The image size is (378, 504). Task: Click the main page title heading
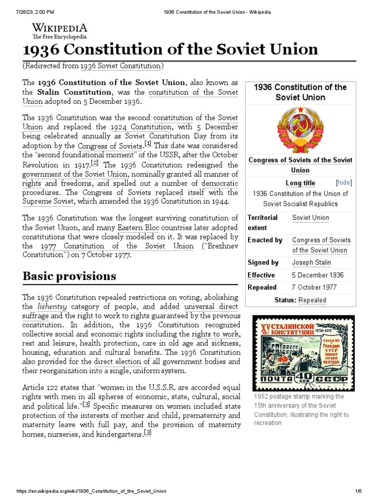[x=170, y=49]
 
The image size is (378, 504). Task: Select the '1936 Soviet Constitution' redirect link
[x=121, y=66]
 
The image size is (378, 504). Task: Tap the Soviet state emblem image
[x=300, y=129]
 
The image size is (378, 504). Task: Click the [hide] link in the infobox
[x=344, y=183]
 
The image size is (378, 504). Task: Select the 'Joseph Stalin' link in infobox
[x=311, y=263]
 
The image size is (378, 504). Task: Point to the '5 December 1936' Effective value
[x=318, y=275]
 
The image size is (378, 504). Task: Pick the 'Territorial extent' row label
[x=262, y=222]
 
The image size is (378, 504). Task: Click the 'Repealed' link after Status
[x=312, y=300]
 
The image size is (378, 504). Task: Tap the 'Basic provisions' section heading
[x=69, y=276]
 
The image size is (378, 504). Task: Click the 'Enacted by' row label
[x=265, y=240]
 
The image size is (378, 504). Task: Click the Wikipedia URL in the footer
[x=91, y=491]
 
